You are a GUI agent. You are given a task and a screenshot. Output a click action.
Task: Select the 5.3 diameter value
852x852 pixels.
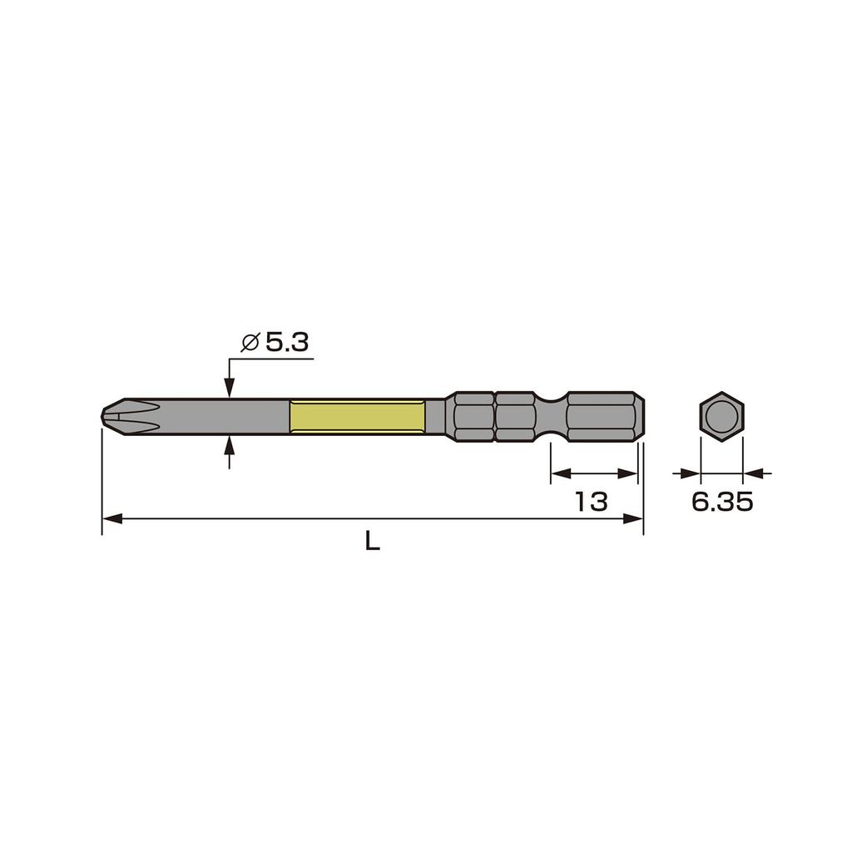pyautogui.click(x=288, y=342)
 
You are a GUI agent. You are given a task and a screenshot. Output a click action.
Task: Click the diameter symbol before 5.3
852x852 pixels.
pyautogui.click(x=250, y=342)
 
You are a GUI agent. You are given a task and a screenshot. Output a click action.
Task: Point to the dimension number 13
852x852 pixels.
pyautogui.click(x=592, y=501)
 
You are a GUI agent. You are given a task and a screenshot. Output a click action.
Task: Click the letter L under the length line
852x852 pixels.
pyautogui.click(x=373, y=542)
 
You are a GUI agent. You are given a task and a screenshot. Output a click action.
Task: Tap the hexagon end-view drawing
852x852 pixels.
pyautogui.click(x=721, y=415)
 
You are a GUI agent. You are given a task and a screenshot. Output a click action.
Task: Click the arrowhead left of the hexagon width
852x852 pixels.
pyautogui.click(x=691, y=473)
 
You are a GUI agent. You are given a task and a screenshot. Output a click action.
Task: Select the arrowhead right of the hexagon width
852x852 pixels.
pyautogui.click(x=752, y=473)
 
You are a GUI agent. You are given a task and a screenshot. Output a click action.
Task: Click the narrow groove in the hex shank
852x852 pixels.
pyautogui.click(x=550, y=415)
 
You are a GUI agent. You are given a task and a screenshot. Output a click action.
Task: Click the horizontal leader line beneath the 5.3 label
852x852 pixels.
pyautogui.click(x=270, y=359)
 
